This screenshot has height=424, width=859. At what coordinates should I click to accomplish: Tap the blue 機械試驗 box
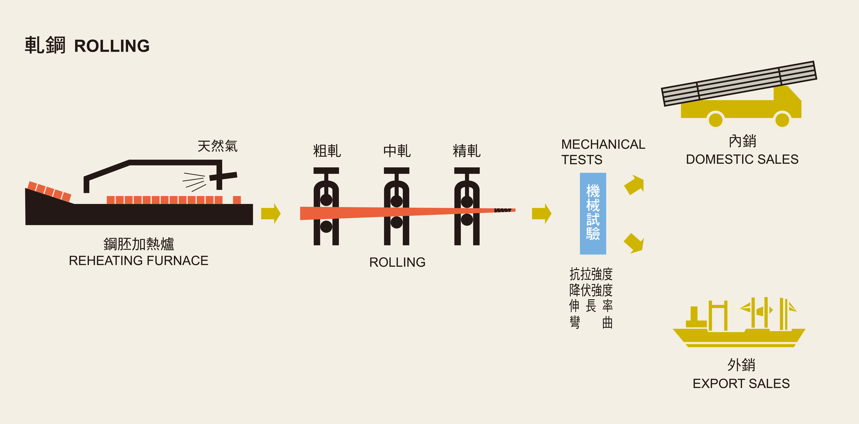[593, 214]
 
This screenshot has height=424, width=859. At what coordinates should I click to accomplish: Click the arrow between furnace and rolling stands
[271, 214]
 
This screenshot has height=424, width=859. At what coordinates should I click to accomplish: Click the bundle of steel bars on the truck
[739, 83]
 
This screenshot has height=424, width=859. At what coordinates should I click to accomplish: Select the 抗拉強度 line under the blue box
[591, 274]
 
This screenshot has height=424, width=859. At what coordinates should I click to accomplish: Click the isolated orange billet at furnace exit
[237, 200]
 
